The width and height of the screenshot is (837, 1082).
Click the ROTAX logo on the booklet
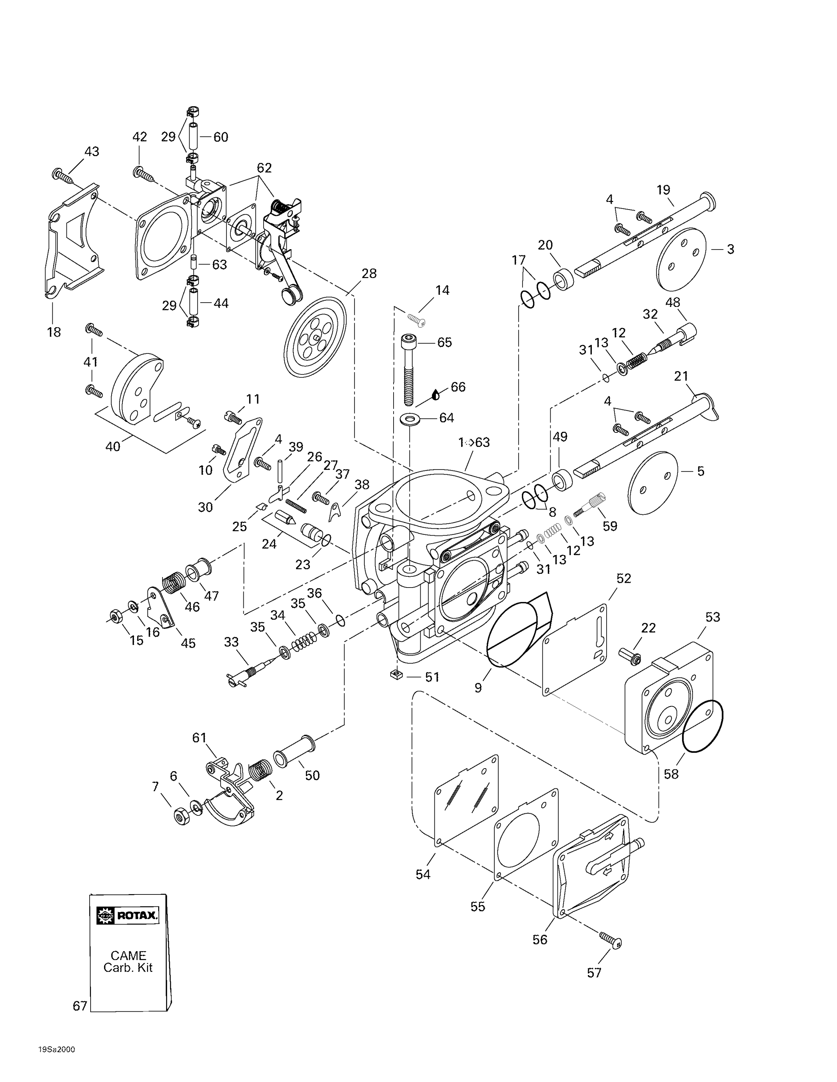(128, 915)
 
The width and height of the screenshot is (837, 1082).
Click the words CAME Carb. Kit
(128, 962)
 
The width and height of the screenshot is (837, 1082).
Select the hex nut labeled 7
(182, 815)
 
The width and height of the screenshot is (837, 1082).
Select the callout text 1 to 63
(474, 443)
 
